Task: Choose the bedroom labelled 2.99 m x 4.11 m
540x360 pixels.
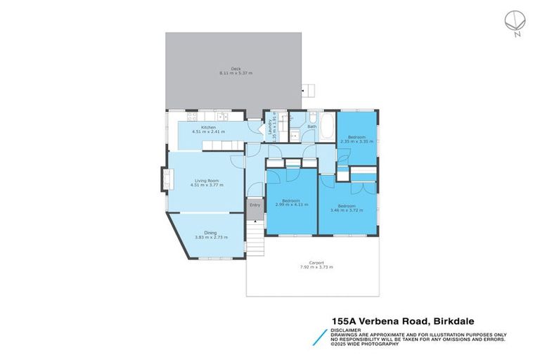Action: coord(291,202)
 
